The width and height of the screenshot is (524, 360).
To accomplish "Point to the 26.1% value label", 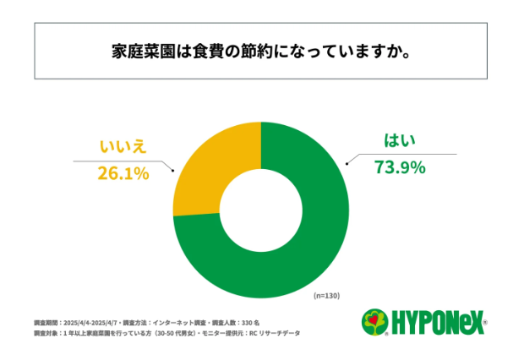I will tap(123, 174).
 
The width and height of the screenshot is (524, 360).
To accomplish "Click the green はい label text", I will tap(397, 141).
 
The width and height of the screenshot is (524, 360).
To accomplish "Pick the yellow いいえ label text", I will tap(123, 146).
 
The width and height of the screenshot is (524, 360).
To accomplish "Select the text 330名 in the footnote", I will tap(251, 323).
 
